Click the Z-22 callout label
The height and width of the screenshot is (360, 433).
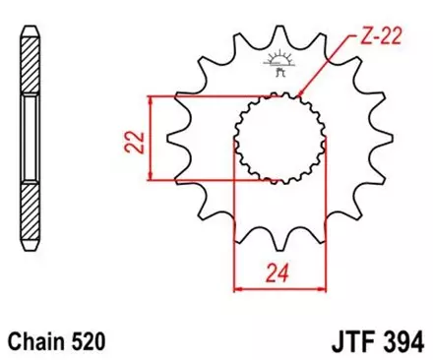tap(381, 37)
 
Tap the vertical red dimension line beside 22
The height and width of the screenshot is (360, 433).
tap(150, 138)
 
